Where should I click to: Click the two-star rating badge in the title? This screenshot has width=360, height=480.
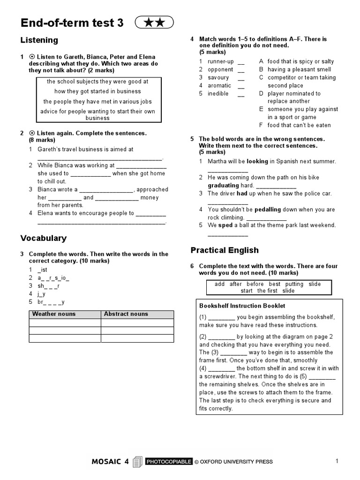point(154,22)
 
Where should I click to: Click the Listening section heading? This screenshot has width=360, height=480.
point(39,40)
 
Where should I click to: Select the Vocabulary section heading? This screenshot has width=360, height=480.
point(44,238)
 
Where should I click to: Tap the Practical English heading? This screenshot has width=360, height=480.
point(225,250)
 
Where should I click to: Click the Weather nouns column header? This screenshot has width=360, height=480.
point(53,314)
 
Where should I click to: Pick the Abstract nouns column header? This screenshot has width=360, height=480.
point(126,314)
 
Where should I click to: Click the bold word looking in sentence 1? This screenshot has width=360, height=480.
point(257,161)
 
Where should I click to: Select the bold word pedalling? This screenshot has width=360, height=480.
point(269,210)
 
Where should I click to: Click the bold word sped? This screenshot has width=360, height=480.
point(226,225)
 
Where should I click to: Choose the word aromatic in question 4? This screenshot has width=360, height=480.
point(219,85)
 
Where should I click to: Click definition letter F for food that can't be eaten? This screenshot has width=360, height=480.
point(261,125)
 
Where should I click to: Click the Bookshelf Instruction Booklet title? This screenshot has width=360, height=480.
point(242,306)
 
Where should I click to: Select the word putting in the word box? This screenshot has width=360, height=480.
point(294,284)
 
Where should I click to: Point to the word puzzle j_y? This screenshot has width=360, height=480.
point(42,294)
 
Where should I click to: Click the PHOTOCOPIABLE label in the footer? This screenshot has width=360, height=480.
point(169,462)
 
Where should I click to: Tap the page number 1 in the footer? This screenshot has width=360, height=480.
point(337,461)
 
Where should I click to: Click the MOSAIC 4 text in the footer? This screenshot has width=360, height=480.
point(110,462)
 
